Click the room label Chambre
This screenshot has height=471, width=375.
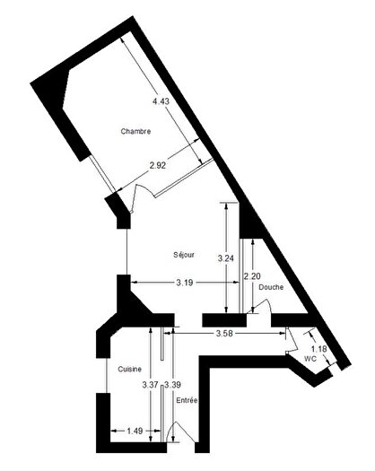click(135, 131)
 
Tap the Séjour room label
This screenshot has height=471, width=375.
click(185, 255)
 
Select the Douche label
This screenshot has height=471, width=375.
click(271, 287)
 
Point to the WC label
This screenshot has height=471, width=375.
click(310, 358)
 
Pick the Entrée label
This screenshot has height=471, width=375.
click(187, 400)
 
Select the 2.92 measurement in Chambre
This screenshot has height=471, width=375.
click(157, 165)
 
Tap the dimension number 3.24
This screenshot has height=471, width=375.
click(226, 258)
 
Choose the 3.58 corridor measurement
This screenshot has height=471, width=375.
click(225, 334)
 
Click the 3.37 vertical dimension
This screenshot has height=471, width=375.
click(151, 385)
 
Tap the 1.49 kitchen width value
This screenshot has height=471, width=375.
click(135, 431)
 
